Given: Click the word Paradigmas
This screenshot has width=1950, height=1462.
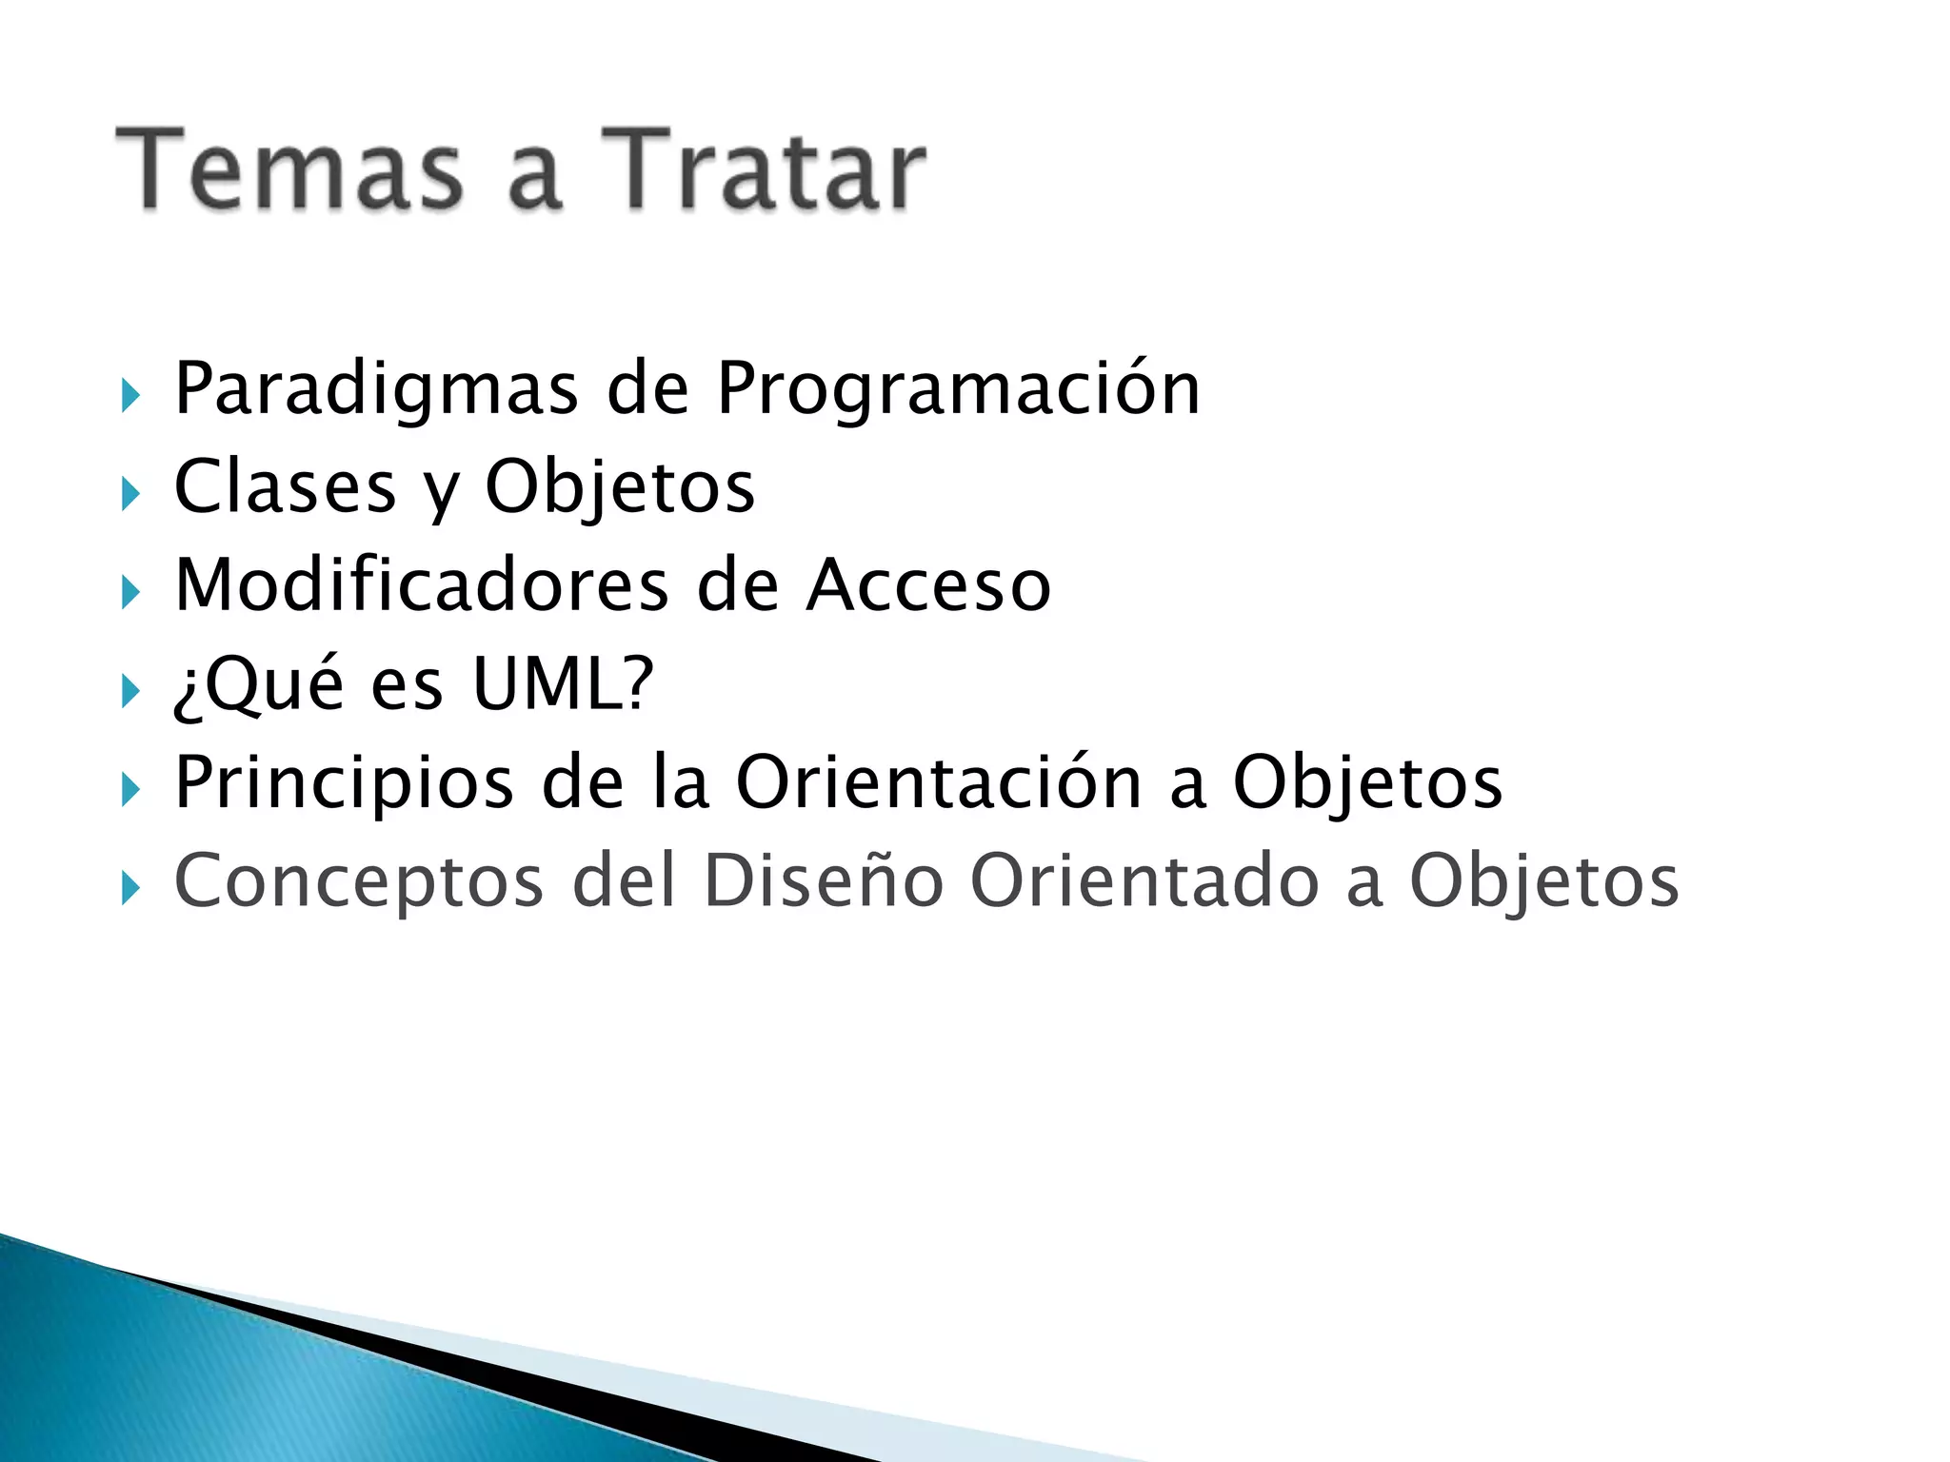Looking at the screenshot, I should (376, 390).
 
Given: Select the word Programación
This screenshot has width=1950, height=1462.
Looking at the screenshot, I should (957, 390).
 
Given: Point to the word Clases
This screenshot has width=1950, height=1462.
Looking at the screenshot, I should (285, 487).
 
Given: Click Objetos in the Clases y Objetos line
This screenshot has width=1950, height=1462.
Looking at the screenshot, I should (620, 487).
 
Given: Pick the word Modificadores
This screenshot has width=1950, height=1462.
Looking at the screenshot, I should (422, 585).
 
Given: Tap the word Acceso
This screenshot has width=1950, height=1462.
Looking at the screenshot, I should (928, 585).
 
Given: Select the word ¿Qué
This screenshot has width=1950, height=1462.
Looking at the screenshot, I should (258, 683).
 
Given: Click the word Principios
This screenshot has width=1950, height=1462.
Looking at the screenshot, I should (344, 782).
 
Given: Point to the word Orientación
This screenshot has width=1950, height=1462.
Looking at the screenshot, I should (939, 782).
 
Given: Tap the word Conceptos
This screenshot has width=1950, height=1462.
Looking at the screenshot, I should (359, 881).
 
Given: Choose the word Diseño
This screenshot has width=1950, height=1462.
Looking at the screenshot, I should (823, 881).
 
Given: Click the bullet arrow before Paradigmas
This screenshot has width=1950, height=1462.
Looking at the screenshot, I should (130, 395).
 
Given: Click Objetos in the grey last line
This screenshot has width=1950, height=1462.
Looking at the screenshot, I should (1543, 881).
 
